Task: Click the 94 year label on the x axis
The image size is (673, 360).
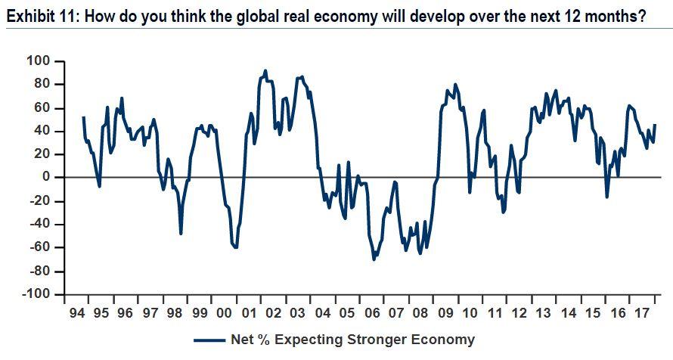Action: (78, 313)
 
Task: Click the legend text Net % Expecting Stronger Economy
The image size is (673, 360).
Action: (353, 340)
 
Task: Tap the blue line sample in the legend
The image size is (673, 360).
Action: (210, 340)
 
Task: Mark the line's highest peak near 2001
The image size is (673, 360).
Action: (265, 70)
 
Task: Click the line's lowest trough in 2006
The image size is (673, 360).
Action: (374, 259)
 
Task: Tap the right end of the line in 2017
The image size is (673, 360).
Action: (655, 125)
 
